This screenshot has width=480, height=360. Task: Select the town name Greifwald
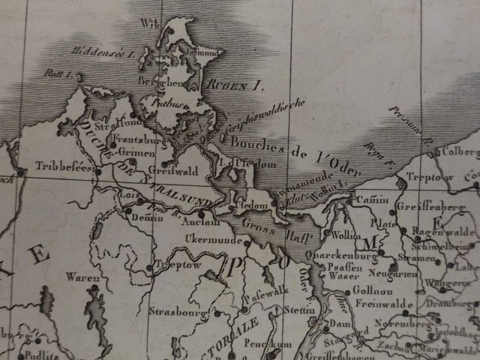point(178,171)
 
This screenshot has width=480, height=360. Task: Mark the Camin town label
point(362,199)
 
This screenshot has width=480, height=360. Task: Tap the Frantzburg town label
point(139,139)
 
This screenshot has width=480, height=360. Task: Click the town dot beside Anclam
point(201,214)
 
